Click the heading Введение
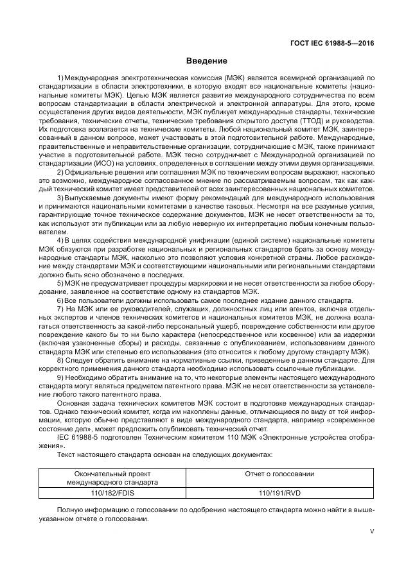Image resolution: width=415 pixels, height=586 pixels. [x=207, y=61]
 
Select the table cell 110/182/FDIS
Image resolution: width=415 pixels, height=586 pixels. [x=112, y=493]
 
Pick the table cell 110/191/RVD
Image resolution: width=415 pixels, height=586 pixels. [x=279, y=493]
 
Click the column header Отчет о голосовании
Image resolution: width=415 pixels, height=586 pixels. [x=279, y=474]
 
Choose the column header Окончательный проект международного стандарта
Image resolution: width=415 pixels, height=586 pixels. [x=112, y=478]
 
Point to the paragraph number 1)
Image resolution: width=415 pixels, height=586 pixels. [x=60, y=78]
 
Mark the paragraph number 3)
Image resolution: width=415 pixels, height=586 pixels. [x=60, y=199]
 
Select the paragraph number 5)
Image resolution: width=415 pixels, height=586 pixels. [x=60, y=283]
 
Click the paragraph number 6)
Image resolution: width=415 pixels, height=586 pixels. [x=60, y=300]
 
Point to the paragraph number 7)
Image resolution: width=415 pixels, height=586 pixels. [x=61, y=309]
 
